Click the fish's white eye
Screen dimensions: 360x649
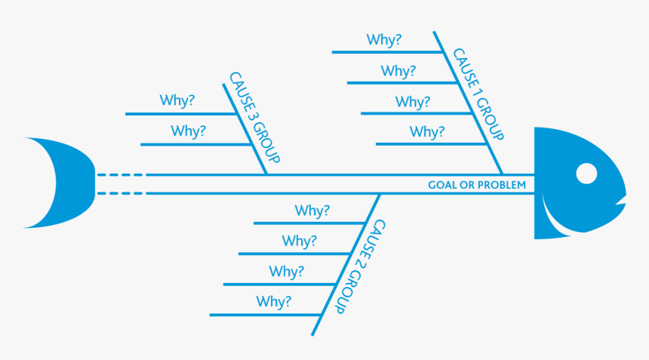tap(586, 174)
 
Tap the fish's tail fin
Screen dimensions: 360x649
tap(57, 183)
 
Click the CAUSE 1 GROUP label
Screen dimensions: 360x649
tap(478, 95)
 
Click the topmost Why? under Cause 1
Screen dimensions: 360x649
tap(383, 39)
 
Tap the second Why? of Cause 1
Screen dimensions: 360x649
tap(398, 71)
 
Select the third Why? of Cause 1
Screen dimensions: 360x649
tap(412, 101)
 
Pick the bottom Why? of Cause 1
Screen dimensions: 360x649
tap(427, 132)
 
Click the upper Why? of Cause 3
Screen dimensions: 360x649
tap(177, 100)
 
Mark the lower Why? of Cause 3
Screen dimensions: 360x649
tap(188, 131)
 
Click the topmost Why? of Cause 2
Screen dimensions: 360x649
tap(312, 211)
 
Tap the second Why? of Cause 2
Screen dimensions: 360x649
tap(300, 242)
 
